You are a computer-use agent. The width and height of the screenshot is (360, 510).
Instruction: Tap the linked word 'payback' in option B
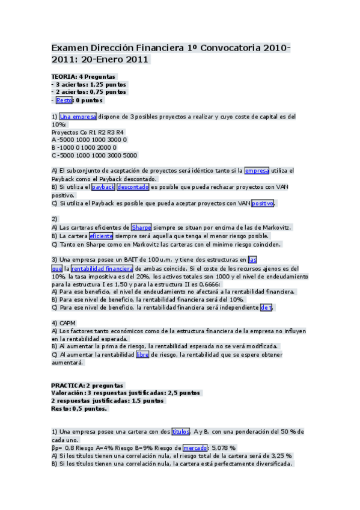103,187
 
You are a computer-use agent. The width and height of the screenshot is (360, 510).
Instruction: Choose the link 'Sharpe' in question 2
141,227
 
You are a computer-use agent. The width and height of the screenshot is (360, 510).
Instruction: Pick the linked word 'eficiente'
101,236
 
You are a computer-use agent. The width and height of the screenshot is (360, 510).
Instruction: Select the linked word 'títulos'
180,431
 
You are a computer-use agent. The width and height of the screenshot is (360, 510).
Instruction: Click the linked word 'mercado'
195,447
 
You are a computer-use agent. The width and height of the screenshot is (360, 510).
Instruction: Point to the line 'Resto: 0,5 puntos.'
79,409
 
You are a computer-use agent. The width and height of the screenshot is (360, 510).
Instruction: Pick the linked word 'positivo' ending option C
263,203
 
